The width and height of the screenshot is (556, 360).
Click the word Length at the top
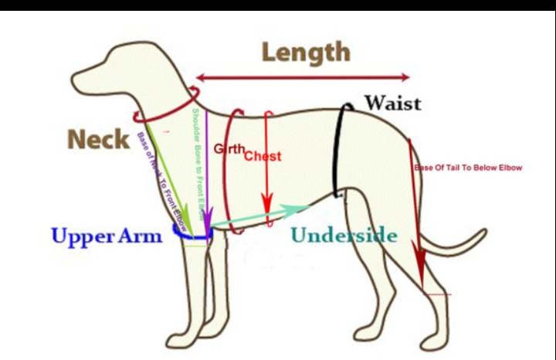pyautogui.click(x=305, y=53)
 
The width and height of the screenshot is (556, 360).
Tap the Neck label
pyautogui.click(x=99, y=140)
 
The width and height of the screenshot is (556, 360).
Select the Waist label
pyautogui.click(x=392, y=103)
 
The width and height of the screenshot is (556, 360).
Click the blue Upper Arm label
pyautogui.click(x=107, y=236)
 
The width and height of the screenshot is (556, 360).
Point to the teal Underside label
pyautogui.click(x=344, y=236)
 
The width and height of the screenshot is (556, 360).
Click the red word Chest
pyautogui.click(x=263, y=156)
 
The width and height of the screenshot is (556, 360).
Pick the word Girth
pyautogui.click(x=229, y=148)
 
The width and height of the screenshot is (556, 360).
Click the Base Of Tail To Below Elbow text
pyautogui.click(x=468, y=168)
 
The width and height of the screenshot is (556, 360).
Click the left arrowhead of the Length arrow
pyautogui.click(x=199, y=77)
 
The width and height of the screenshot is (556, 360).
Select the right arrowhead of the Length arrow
pyautogui.click(x=407, y=76)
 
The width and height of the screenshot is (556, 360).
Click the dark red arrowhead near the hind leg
pyautogui.click(x=420, y=274)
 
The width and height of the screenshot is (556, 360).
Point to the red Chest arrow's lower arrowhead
pyautogui.click(x=266, y=209)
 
